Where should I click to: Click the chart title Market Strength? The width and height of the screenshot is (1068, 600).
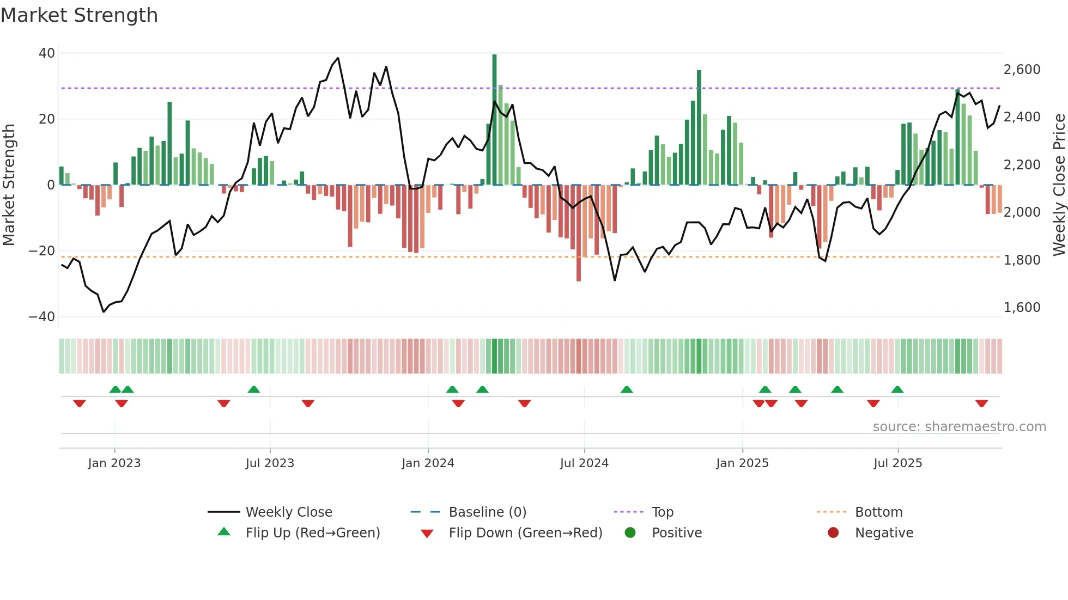(79, 15)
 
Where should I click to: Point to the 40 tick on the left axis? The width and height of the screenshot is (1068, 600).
(47, 53)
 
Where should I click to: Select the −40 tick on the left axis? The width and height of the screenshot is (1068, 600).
(42, 317)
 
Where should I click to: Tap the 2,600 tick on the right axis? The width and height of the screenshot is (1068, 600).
(1022, 70)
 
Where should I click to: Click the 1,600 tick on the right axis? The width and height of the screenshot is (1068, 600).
(1022, 308)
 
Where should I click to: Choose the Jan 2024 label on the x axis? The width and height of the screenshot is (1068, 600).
(428, 463)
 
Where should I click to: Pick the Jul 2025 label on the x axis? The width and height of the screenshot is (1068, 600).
(897, 463)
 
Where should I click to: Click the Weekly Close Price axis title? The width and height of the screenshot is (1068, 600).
(1059, 185)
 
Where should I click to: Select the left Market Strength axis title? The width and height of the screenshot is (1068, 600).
(9, 185)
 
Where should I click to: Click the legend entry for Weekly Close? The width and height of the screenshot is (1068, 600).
(288, 512)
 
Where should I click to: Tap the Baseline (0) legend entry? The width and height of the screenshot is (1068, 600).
(487, 512)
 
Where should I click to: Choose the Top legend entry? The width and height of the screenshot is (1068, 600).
(662, 512)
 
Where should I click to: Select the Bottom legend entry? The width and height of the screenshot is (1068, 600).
(878, 512)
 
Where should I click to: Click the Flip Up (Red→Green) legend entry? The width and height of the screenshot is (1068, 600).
(312, 533)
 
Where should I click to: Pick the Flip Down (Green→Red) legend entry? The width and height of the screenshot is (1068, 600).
(525, 533)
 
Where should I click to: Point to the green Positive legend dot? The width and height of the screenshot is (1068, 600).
(630, 533)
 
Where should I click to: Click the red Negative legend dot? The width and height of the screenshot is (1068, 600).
(833, 533)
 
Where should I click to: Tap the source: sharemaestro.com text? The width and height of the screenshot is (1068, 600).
(959, 427)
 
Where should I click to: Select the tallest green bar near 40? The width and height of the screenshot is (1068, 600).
(494, 120)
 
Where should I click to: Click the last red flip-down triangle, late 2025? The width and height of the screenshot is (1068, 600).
(981, 403)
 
